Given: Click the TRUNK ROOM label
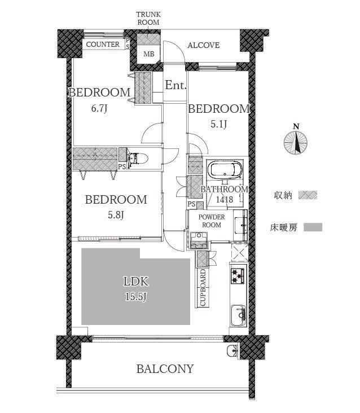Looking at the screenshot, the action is pyautogui.click(x=148, y=19).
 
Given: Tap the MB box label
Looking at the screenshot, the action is pyautogui.click(x=149, y=54).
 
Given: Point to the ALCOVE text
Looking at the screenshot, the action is pyautogui.click(x=203, y=45).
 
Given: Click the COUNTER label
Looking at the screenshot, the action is pyautogui.click(x=103, y=44).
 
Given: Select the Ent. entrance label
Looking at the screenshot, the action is pyautogui.click(x=175, y=85).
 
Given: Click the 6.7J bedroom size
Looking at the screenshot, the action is pyautogui.click(x=99, y=108).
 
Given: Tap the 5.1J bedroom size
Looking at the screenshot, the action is pyautogui.click(x=218, y=124).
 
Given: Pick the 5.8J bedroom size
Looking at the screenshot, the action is pyautogui.click(x=116, y=215).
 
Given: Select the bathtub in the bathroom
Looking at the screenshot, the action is pyautogui.click(x=225, y=169).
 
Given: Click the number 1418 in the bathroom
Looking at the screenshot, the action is pyautogui.click(x=225, y=199).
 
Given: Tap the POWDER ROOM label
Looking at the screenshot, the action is pyautogui.click(x=212, y=221).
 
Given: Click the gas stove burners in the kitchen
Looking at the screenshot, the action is pyautogui.click(x=238, y=276).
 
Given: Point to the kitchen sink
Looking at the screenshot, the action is pyautogui.click(x=238, y=315).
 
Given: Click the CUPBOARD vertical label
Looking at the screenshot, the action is pyautogui.click(x=203, y=288).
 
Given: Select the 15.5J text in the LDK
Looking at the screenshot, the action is pyautogui.click(x=135, y=297).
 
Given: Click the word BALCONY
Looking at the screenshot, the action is pyautogui.click(x=165, y=369).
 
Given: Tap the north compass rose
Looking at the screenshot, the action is pyautogui.click(x=296, y=143).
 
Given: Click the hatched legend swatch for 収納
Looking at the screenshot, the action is pyautogui.click(x=308, y=195).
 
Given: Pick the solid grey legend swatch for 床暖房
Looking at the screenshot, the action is pyautogui.click(x=313, y=227).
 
